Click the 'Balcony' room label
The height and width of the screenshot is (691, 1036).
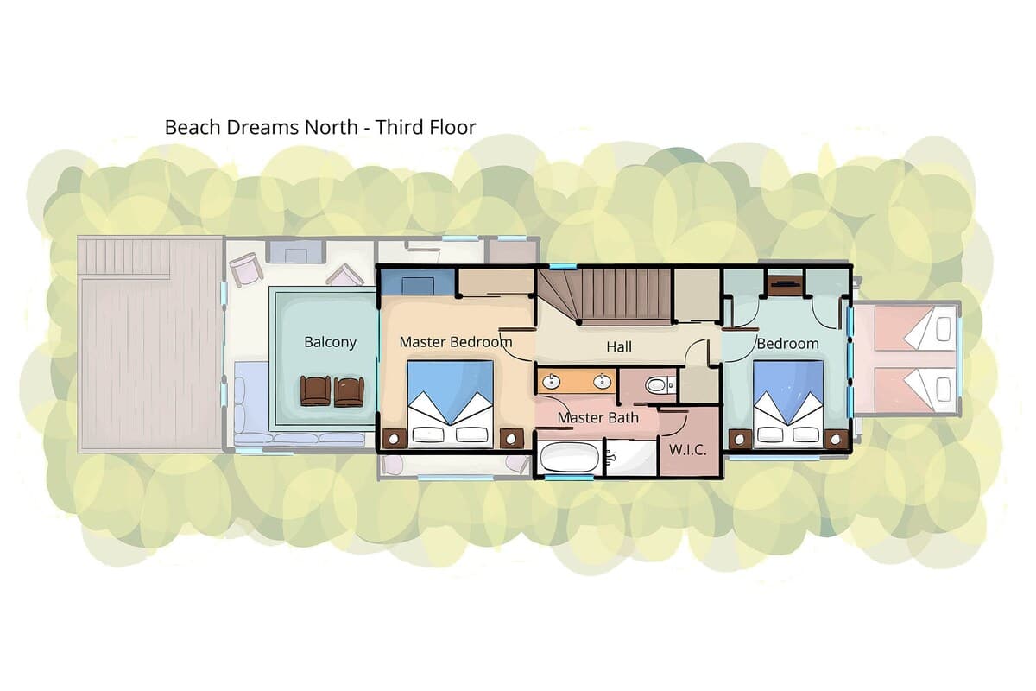click(x=330, y=343)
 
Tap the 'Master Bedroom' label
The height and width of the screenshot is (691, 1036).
click(x=456, y=342)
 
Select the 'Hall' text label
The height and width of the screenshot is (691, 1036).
click(x=619, y=346)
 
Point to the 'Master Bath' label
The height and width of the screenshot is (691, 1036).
click(x=597, y=417)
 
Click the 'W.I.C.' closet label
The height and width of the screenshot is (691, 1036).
click(x=688, y=450)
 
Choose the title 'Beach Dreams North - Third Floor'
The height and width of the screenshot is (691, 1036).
click(x=320, y=127)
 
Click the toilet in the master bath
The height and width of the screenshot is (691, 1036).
click(x=660, y=384)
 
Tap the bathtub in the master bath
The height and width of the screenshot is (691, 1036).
click(x=569, y=459)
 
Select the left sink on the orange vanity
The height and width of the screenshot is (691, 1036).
click(x=552, y=382)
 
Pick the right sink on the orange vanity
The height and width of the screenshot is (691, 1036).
click(x=603, y=382)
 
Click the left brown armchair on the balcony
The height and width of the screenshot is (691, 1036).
click(x=315, y=390)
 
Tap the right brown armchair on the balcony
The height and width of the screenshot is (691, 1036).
click(x=349, y=391)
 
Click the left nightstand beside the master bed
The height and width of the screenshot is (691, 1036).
click(x=395, y=438)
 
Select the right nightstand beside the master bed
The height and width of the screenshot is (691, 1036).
click(x=511, y=438)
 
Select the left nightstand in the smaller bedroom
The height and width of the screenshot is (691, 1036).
click(x=741, y=440)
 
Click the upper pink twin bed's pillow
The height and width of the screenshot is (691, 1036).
click(x=944, y=329)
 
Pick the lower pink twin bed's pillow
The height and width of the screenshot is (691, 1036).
click(x=944, y=390)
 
